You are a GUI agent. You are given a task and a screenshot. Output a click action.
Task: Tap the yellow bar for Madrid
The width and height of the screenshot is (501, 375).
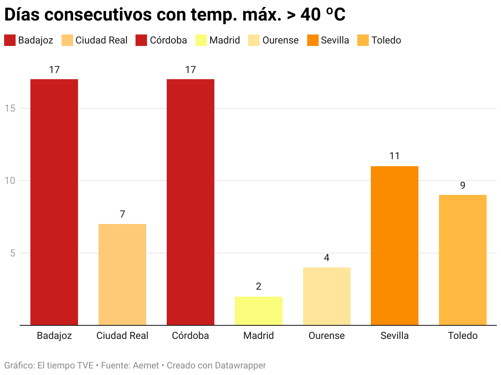pyautogui.click(x=259, y=311)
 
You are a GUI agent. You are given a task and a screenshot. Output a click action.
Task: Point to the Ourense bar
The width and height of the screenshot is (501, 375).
pyautogui.click(x=327, y=296)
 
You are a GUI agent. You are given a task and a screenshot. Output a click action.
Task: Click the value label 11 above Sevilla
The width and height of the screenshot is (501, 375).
pyautogui.click(x=395, y=156)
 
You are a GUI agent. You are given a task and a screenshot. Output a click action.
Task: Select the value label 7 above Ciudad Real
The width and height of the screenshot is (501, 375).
pyautogui.click(x=122, y=214)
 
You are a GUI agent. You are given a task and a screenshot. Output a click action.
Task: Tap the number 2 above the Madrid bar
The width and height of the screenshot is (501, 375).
pyautogui.click(x=259, y=286)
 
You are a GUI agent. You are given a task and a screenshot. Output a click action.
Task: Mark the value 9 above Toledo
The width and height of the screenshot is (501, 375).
pyautogui.click(x=463, y=185)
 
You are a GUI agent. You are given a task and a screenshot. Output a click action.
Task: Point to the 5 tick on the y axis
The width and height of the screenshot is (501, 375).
pyautogui.click(x=13, y=253)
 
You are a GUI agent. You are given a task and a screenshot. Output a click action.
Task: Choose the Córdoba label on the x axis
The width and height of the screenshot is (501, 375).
pyautogui.click(x=191, y=336)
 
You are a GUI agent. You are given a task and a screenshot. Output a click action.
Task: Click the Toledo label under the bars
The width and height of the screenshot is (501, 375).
pyautogui.click(x=463, y=336)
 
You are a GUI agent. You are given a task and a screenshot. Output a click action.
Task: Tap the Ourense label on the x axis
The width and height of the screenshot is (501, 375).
pyautogui.click(x=327, y=336)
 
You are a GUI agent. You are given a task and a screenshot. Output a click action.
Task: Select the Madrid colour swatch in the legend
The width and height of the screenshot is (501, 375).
pyautogui.click(x=201, y=40)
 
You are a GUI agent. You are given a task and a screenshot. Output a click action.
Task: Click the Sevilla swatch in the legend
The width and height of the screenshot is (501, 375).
pyautogui.click(x=313, y=40)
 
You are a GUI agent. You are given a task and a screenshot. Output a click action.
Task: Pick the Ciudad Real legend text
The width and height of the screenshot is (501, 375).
pyautogui.click(x=101, y=40)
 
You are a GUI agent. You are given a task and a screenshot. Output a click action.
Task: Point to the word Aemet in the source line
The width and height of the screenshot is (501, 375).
pyautogui.click(x=146, y=365)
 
